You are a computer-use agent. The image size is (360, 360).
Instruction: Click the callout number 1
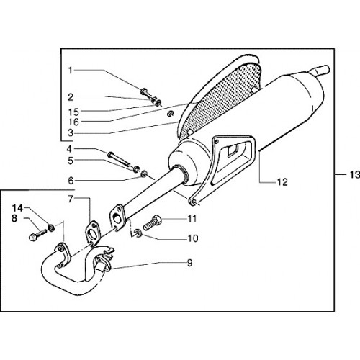coord(71,71)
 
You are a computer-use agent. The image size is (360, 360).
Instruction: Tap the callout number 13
coord(354,174)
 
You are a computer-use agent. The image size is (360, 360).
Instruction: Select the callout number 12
coord(282,182)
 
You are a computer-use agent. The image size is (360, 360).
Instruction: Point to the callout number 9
coord(190,263)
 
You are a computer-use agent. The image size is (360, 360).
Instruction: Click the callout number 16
coord(73,122)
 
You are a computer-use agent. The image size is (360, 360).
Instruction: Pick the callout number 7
coord(71,199)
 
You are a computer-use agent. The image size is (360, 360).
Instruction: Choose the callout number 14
coord(17,208)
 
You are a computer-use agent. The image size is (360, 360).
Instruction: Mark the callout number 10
coord(193,238)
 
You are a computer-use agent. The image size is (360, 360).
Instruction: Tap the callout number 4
coord(69,149)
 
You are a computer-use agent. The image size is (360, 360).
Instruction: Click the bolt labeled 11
coord(152,222)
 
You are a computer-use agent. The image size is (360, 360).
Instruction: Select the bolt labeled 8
coord(37,235)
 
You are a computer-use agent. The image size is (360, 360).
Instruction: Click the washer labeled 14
coord(51,228)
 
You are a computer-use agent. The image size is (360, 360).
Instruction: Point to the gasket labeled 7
coord(92,233)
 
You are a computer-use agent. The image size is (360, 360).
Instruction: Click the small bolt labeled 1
coord(146,94)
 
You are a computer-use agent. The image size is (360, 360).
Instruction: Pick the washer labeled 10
coord(138,233)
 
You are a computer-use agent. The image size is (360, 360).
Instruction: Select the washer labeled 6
coord(144,174)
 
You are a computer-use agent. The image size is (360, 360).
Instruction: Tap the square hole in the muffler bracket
coord(233,150)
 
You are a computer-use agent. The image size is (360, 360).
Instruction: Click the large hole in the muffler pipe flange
coord(117,219)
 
